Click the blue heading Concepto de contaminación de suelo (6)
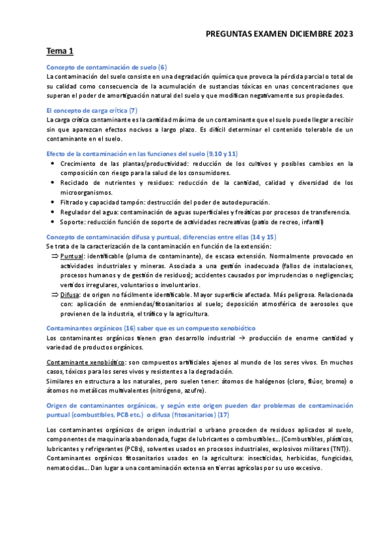click(x=107, y=67)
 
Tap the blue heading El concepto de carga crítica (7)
click(x=92, y=111)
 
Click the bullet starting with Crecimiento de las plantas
click(x=202, y=164)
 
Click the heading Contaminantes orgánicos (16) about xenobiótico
click(x=151, y=328)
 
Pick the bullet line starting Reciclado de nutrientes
click(x=202, y=183)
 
